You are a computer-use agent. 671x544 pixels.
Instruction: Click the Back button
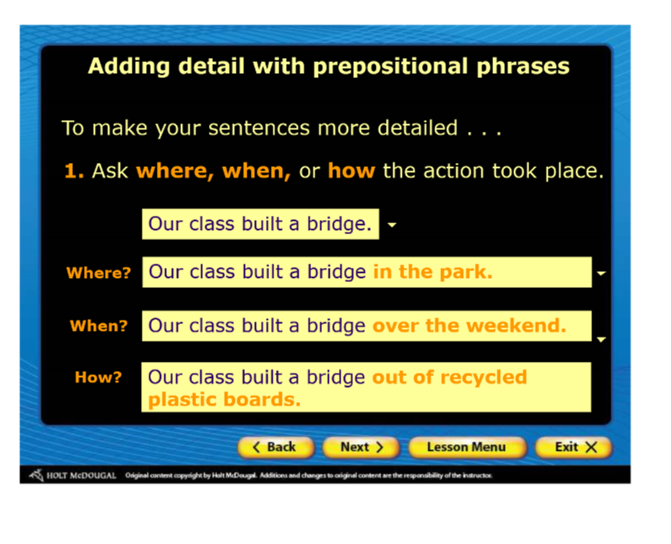pos(276,447)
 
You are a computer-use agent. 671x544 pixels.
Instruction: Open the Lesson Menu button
pos(466,447)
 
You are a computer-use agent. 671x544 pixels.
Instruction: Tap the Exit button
pos(574,447)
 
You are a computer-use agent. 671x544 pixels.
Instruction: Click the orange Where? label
pos(98,273)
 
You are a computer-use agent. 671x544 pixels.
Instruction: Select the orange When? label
pos(99,326)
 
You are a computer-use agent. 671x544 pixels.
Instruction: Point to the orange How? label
pos(98,378)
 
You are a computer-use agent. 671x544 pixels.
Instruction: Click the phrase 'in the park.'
pos(433,272)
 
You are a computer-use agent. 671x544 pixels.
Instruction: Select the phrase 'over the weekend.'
pos(469,326)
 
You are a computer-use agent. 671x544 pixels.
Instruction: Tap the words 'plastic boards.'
pos(224,400)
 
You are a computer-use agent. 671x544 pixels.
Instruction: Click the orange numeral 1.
pos(74,170)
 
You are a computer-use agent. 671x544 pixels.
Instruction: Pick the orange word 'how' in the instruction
pos(351,170)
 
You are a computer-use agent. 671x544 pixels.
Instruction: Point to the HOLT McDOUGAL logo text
pos(81,475)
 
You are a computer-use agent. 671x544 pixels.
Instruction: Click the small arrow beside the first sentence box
pos(392,224)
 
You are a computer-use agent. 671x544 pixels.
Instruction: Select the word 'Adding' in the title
pos(129,67)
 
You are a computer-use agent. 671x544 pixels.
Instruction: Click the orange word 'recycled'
pos(484,378)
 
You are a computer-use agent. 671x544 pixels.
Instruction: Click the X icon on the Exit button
pos(591,447)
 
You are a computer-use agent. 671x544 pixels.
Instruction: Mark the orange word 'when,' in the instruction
pos(257,171)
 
